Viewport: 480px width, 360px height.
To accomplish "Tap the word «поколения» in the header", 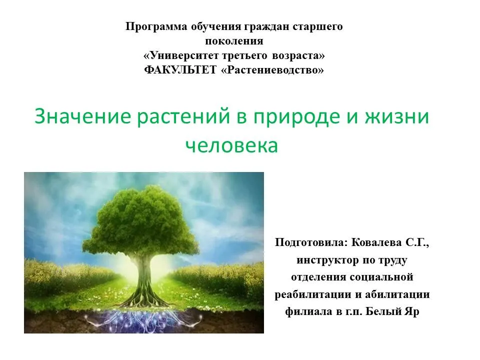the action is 234,41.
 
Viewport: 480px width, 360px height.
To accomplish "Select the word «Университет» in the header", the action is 183,55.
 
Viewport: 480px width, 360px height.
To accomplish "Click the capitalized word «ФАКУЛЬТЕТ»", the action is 180,70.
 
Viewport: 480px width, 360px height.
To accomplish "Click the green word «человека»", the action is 231,145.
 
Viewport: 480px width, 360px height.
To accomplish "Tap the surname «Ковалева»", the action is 376,242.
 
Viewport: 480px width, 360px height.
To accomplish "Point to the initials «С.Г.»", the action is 417,243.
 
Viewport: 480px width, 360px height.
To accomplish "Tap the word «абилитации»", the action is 397,295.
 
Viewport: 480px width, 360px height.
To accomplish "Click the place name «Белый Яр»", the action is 393,311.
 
